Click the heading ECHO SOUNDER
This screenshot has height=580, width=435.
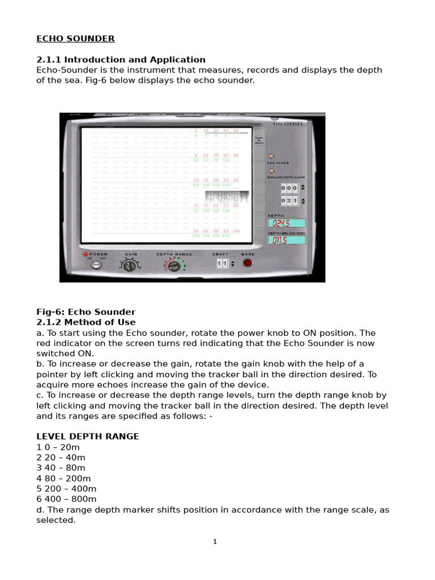75,39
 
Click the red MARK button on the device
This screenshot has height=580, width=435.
248,263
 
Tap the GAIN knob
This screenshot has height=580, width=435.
130,266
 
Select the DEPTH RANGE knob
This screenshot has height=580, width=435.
174,266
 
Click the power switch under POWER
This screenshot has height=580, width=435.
96,265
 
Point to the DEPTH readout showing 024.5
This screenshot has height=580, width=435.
286,223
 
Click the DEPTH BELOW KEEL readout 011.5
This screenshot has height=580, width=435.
286,240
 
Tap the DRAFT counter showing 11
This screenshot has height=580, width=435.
221,264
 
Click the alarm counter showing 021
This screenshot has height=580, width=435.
289,201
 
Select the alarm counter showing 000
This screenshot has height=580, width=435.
289,187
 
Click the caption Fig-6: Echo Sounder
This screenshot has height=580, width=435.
86,312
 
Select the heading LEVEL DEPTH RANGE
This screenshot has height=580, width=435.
88,437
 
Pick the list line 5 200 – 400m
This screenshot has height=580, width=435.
66,489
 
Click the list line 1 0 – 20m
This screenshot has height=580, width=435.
61,447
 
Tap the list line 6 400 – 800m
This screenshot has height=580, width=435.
66,499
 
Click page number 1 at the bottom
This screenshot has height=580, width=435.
215,542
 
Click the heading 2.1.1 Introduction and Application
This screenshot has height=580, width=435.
121,59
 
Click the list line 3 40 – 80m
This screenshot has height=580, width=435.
61,468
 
